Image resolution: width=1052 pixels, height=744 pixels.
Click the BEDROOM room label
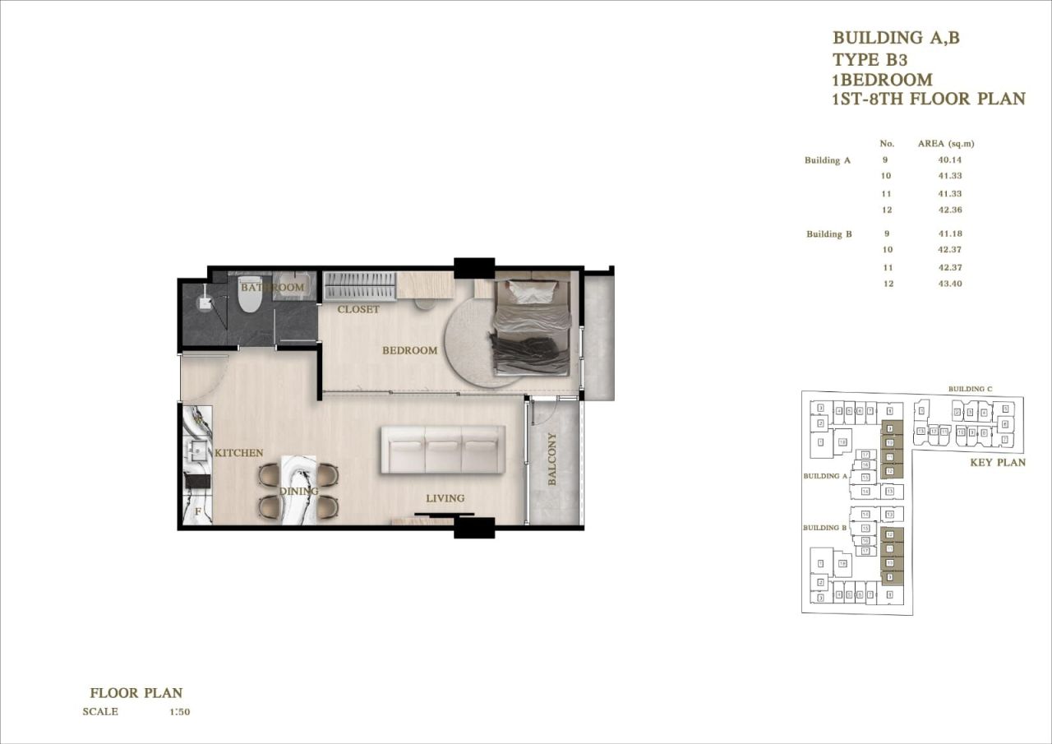tap(409, 351)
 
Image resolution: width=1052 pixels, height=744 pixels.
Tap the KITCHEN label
tap(238, 453)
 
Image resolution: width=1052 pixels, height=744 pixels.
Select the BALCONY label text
tap(552, 459)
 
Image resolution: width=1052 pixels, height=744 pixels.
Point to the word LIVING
tap(445, 498)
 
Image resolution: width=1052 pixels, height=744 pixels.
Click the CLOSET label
tap(358, 310)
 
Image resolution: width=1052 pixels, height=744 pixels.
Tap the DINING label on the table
tap(298, 492)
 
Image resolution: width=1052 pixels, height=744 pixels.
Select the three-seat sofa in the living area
tap(442, 450)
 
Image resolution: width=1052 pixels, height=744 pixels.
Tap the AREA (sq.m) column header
tap(946, 144)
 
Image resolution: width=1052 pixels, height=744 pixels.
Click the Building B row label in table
tap(828, 234)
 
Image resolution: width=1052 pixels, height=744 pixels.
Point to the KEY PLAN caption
tap(998, 463)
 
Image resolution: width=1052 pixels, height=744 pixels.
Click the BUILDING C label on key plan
tap(970, 389)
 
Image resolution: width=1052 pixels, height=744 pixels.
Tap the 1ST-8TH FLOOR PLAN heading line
tap(929, 99)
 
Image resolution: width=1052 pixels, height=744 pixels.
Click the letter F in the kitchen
tap(197, 511)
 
